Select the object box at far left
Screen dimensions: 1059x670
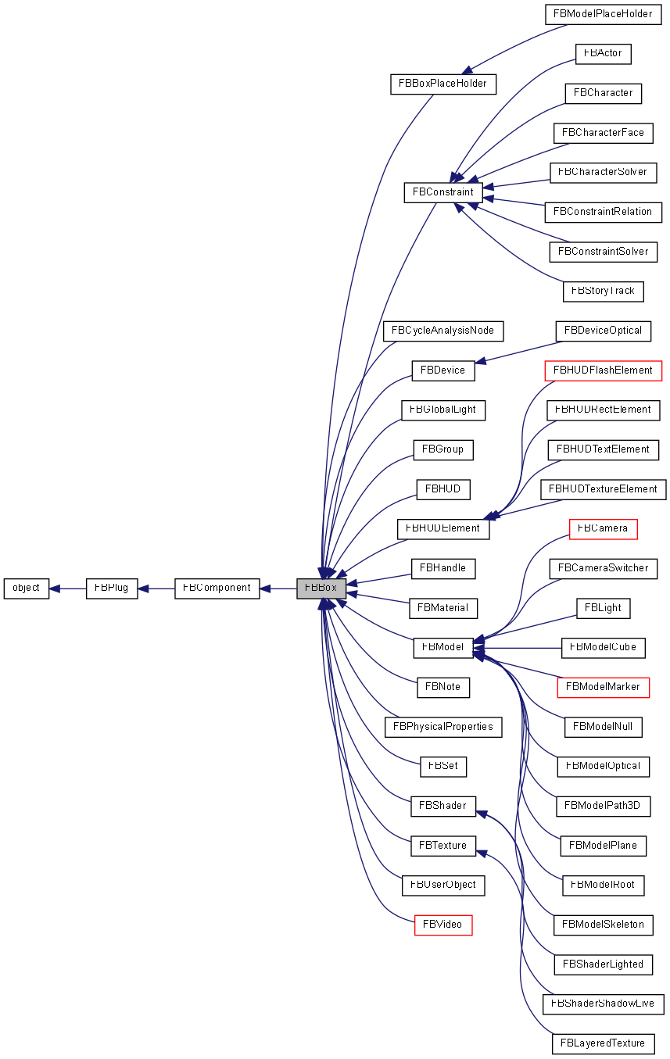tap(27, 589)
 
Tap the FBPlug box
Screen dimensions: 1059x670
tap(112, 589)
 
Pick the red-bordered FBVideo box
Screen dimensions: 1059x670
tap(442, 925)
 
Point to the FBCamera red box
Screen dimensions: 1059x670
tap(603, 529)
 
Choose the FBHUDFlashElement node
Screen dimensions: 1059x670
tap(602, 370)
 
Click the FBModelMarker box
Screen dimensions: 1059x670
tap(603, 688)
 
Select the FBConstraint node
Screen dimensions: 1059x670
tap(443, 192)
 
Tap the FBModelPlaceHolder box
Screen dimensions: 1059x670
tap(602, 14)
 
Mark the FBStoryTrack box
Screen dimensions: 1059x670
tap(603, 292)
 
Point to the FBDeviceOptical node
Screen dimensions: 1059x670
tap(603, 331)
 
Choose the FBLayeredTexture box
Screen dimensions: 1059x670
tap(602, 1044)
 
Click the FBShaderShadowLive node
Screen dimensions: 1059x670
tap(603, 1004)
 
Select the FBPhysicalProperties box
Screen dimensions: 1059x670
tap(442, 727)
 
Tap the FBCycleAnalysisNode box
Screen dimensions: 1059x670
tap(442, 331)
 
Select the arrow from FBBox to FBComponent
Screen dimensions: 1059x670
tap(278, 589)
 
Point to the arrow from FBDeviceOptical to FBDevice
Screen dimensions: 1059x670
tap(516, 351)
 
